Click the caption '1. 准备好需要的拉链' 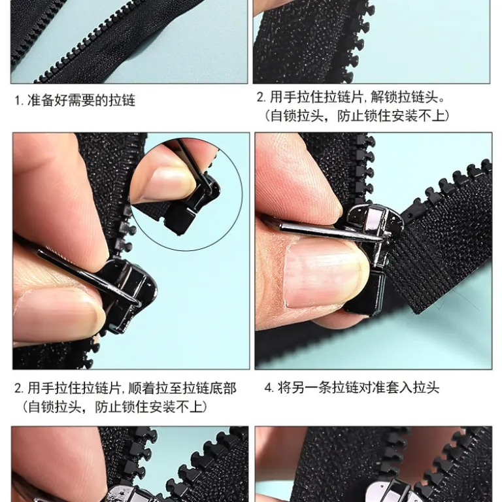[75, 101]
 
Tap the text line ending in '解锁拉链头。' [351, 97]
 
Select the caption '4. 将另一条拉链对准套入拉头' [352, 388]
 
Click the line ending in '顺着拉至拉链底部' [125, 388]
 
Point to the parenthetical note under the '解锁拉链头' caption [357, 116]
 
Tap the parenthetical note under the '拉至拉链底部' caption [114, 407]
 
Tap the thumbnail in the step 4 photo [325, 275]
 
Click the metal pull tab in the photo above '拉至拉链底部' [89, 278]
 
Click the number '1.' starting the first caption [19, 101]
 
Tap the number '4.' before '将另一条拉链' [269, 388]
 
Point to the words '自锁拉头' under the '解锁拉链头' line [297, 116]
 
